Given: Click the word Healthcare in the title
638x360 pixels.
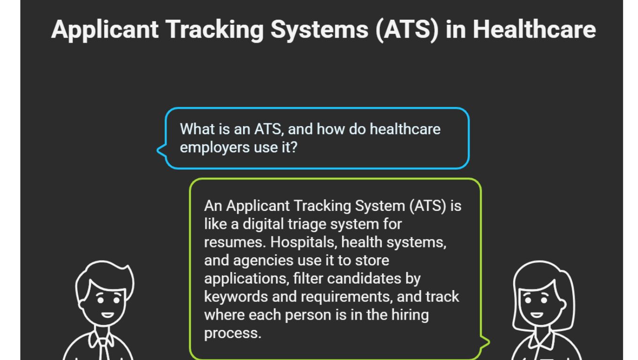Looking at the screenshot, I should coord(534,29).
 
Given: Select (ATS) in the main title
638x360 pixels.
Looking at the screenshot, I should coord(407,29).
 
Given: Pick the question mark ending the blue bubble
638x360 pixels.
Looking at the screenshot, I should coord(294,147).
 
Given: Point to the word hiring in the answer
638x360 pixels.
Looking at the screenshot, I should coord(410,315).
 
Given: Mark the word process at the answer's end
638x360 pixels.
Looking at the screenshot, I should coord(232,333).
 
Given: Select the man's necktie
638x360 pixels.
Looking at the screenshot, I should coord(104,349).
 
